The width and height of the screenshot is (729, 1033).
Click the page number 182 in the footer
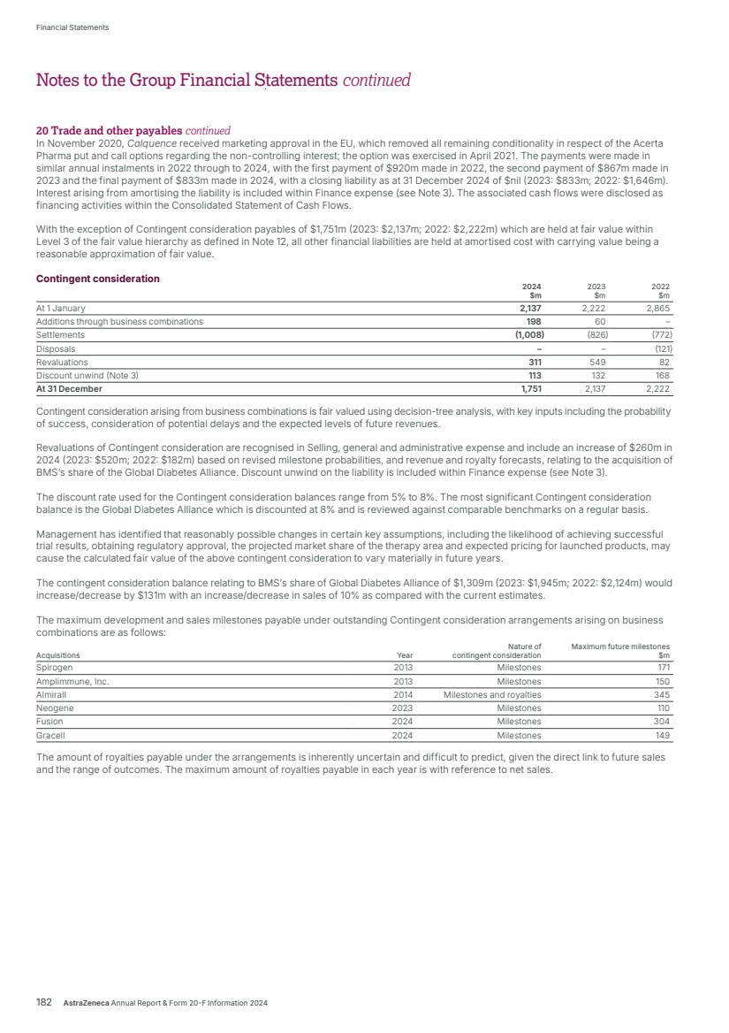(x=44, y=1003)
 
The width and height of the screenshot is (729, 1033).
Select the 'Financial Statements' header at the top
(x=72, y=27)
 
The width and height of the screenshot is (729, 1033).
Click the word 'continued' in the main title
(x=377, y=80)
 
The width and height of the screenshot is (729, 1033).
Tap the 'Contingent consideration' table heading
(x=98, y=279)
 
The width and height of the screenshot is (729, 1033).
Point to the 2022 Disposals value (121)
(x=658, y=348)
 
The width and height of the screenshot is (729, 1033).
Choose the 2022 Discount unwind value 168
(x=661, y=375)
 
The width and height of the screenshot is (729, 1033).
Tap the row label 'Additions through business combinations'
(x=119, y=321)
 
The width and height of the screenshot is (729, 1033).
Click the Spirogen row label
(x=55, y=668)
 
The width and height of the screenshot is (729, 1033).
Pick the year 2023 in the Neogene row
(x=402, y=708)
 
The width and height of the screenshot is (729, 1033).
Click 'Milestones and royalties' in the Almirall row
(x=492, y=695)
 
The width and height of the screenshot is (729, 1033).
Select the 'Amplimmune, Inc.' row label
(x=72, y=682)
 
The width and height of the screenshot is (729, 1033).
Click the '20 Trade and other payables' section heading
(x=101, y=130)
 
